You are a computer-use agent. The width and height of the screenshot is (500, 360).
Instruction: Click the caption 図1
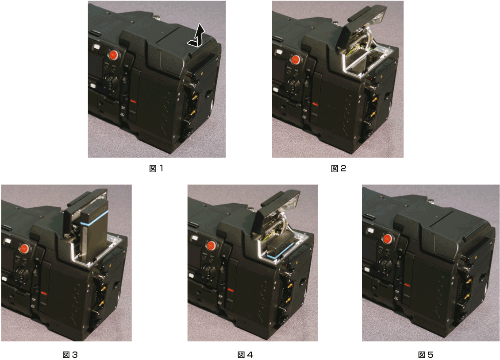156,168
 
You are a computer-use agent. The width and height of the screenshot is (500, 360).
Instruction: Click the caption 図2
338,168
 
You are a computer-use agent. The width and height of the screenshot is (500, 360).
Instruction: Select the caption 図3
70,355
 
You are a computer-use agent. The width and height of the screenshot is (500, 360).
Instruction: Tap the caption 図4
245,355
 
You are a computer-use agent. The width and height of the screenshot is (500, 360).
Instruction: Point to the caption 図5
426,355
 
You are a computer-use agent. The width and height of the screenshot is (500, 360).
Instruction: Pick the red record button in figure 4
212,245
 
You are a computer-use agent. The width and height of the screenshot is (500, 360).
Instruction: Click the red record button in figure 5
388,239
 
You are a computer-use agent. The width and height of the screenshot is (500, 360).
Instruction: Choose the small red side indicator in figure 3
43,294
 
